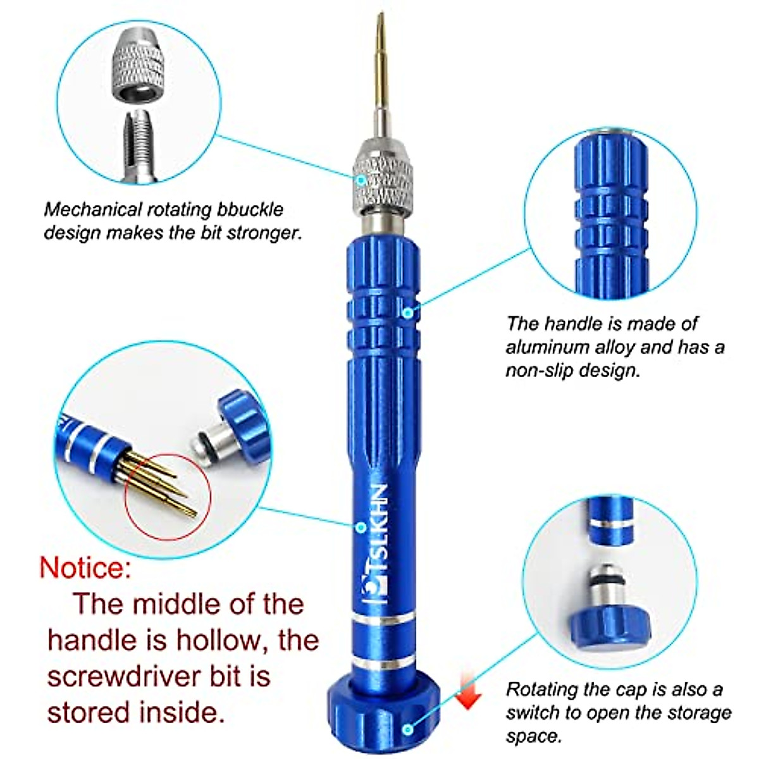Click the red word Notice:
pos(86,567)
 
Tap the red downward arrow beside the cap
pos(467,689)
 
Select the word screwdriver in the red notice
pos(142,676)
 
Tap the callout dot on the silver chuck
pos(361,180)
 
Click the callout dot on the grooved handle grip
pos(409,312)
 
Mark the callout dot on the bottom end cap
pos(409,729)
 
